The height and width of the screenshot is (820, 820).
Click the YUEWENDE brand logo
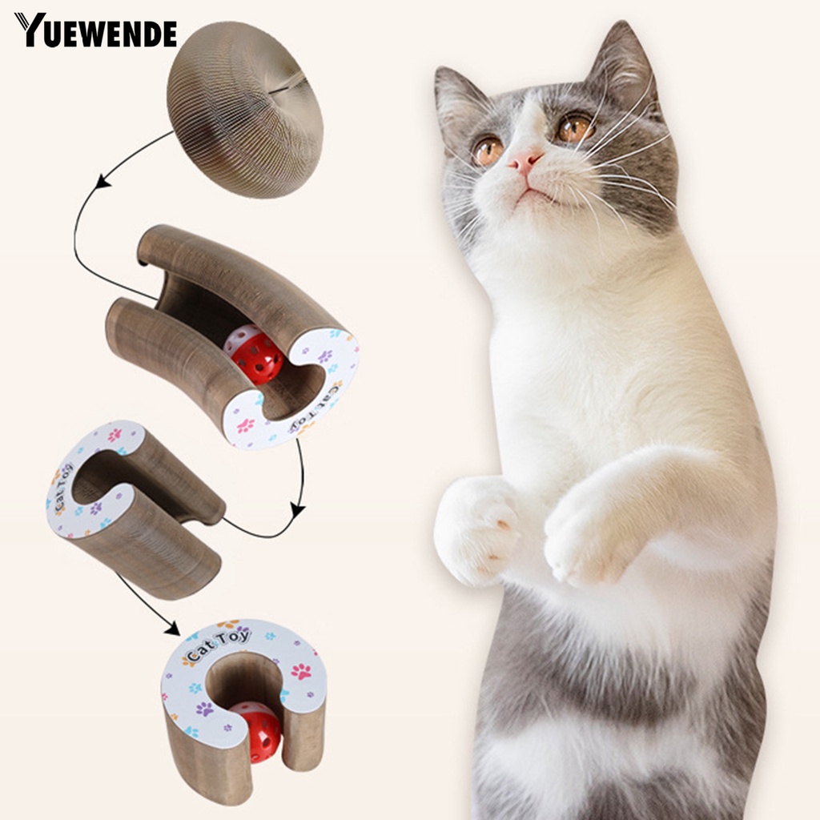tap(95, 30)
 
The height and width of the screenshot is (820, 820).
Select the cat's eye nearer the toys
tap(487, 150)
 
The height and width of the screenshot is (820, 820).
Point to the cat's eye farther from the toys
tap(574, 128)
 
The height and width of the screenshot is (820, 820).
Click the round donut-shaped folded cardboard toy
tap(245, 108)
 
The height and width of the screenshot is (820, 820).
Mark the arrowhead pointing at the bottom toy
tap(171, 629)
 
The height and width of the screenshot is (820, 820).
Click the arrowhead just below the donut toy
tap(102, 183)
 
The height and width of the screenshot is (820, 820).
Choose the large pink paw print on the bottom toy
tap(301, 671)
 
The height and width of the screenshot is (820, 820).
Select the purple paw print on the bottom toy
tap(205, 709)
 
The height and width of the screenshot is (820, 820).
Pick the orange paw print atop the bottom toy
tap(229, 623)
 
